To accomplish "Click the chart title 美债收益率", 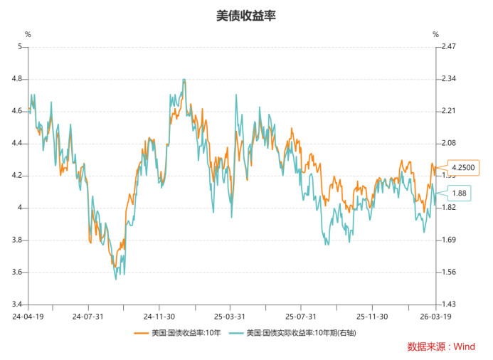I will click(x=245, y=15).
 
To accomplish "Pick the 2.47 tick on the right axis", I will click(x=448, y=47).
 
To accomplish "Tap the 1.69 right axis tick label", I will click(x=448, y=240).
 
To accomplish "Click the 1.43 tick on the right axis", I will click(x=448, y=305).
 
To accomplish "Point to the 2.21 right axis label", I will click(x=448, y=111).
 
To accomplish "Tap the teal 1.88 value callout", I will click(x=460, y=193).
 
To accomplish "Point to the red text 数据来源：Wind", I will click(x=441, y=346).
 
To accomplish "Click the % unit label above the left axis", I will click(x=28, y=34).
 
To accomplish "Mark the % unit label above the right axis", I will click(x=435, y=34).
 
